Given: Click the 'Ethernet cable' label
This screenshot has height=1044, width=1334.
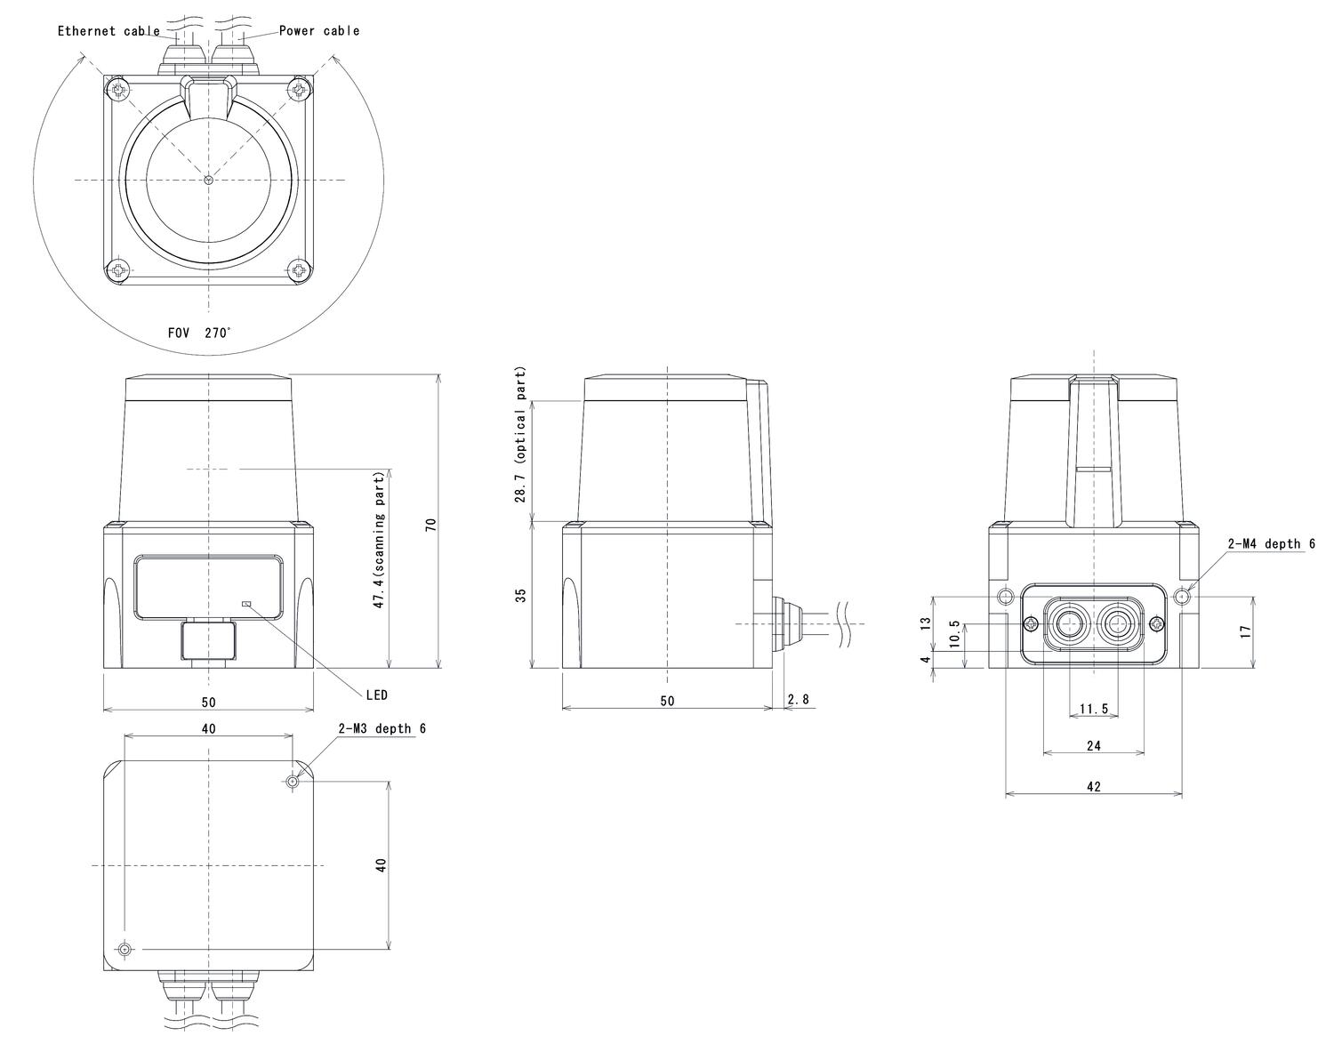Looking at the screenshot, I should [x=108, y=31].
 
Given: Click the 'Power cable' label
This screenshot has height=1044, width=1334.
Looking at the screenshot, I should [x=319, y=30].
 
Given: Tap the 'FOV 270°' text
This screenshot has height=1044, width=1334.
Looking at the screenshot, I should [x=199, y=333].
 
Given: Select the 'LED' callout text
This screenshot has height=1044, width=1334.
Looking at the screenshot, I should [x=376, y=695].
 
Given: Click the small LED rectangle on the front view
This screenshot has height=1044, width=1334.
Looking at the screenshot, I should [x=247, y=604].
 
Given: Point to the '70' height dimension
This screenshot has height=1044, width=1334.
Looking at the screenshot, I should [x=431, y=524].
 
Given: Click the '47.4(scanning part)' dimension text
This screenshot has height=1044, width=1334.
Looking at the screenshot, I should [x=379, y=541].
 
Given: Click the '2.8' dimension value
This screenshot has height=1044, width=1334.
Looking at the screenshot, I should [x=799, y=700].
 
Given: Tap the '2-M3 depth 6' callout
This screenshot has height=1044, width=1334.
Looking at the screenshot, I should [x=382, y=728].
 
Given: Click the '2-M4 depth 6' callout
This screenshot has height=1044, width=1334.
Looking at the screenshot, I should [x=1271, y=544].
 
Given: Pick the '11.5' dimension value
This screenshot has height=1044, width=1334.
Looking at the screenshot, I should [x=1093, y=709].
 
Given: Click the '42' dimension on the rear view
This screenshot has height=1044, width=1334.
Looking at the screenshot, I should [x=1093, y=786].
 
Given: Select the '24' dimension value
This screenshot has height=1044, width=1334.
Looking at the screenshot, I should [x=1093, y=745].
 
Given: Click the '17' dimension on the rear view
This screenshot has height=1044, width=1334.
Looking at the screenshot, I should [x=1246, y=630].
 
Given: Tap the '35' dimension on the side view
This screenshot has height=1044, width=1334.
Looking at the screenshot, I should [x=521, y=594].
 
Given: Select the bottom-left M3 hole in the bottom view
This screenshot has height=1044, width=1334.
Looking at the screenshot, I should [x=125, y=950].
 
